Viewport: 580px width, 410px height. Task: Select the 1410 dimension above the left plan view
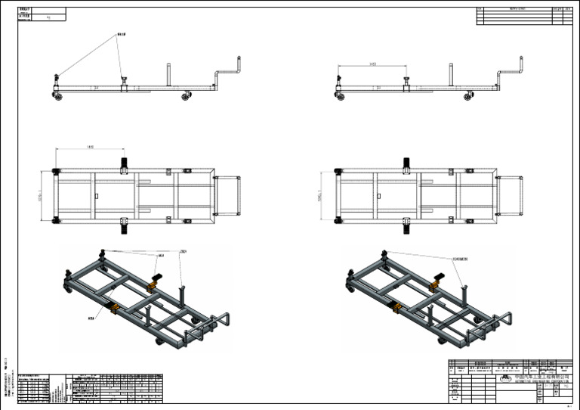90,146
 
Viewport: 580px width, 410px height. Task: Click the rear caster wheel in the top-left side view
185,96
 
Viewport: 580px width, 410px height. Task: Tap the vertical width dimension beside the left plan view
42,195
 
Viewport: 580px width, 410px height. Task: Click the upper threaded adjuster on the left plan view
124,162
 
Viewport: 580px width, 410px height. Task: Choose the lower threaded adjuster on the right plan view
406,225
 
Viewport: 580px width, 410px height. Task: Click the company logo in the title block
504,374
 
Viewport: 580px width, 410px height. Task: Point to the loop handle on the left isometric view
220,321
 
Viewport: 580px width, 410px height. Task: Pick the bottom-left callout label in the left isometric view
91,318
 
